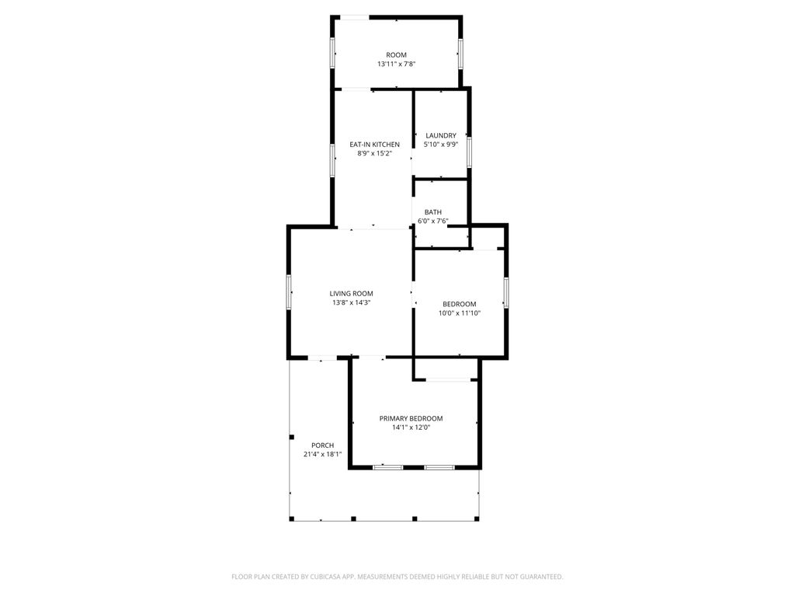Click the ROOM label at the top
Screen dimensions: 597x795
point(396,54)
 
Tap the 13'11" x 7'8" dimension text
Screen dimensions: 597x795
point(396,65)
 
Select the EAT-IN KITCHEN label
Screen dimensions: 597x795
point(374,145)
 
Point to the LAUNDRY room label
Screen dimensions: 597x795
point(440,135)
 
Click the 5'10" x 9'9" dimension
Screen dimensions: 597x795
point(440,145)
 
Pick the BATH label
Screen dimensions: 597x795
point(432,212)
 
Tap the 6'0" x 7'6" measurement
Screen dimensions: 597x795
point(432,222)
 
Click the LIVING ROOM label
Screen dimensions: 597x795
point(352,293)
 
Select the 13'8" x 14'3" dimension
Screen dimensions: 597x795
point(352,302)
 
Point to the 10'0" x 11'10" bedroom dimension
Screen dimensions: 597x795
point(460,313)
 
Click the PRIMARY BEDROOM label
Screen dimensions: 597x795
point(411,418)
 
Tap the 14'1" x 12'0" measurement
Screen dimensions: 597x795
point(411,428)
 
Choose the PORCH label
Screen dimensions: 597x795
point(322,445)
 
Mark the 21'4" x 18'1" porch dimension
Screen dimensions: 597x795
point(322,454)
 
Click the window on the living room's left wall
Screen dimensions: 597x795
point(289,292)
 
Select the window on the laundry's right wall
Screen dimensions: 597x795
point(469,152)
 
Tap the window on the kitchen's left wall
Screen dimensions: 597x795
point(333,160)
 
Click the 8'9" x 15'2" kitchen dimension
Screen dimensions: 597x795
point(374,154)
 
